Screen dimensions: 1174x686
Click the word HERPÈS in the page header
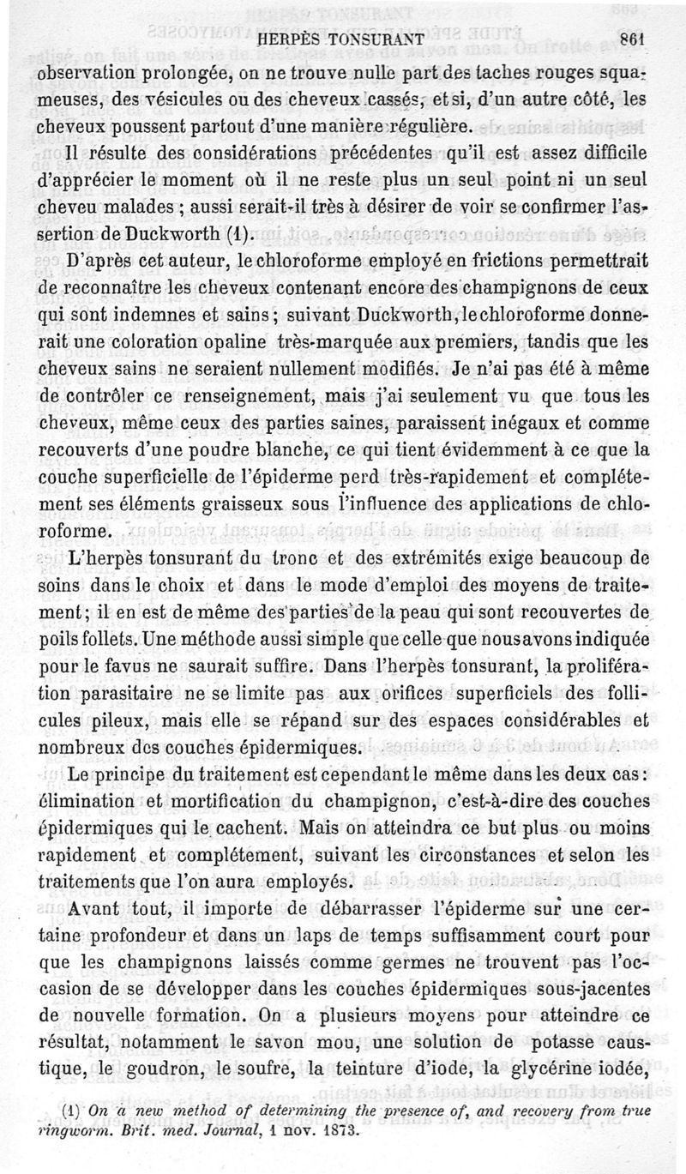coord(292,39)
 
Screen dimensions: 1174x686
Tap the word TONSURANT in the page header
coord(376,39)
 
